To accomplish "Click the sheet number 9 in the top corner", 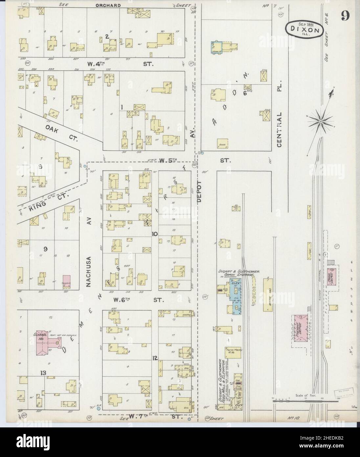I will [345, 15].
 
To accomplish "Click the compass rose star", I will [321, 121].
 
